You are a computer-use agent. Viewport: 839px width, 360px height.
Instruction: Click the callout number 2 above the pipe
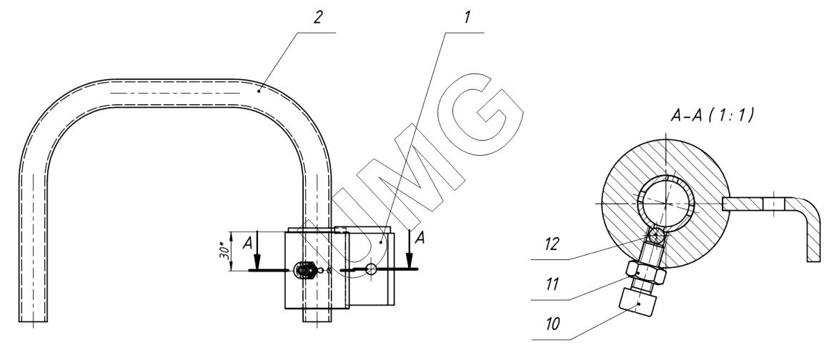coord(318,18)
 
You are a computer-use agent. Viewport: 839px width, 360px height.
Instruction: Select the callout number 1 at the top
coord(467,18)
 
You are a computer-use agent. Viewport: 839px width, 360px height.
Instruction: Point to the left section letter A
coord(247,244)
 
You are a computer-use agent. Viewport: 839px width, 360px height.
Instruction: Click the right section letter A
coord(420,238)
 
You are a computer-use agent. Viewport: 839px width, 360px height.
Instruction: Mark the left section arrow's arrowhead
coord(257,261)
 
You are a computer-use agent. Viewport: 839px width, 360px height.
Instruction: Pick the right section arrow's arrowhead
coord(410,261)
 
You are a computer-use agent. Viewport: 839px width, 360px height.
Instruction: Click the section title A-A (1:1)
coord(713,114)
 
